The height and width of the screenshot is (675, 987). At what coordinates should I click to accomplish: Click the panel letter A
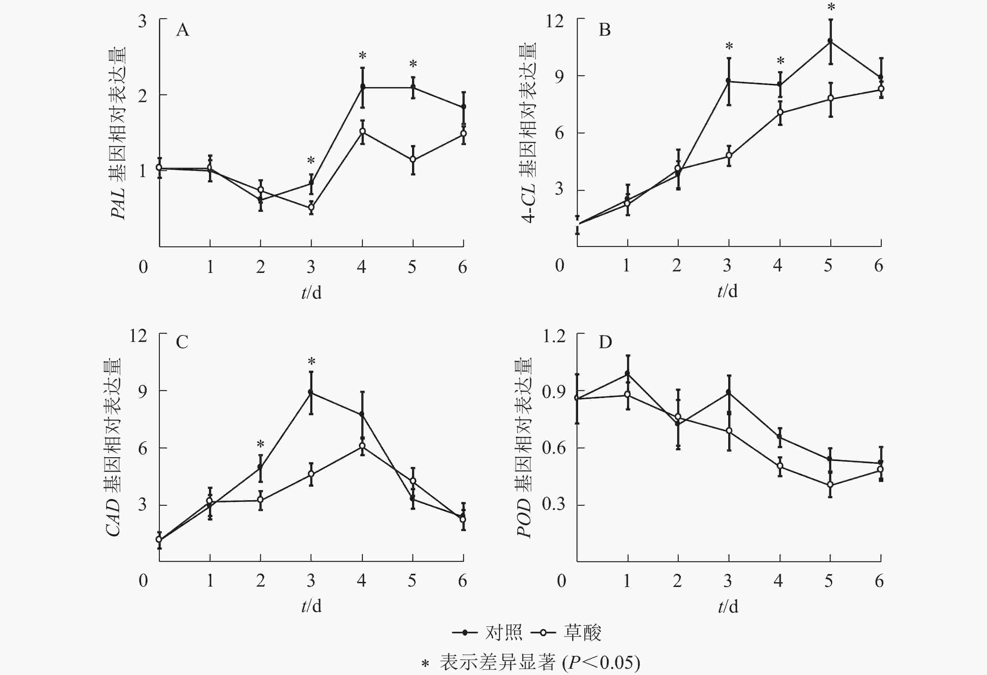pos(183,30)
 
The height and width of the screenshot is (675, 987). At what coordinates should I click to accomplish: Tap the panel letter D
pos(605,342)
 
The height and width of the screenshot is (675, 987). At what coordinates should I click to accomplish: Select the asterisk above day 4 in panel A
pos(362,56)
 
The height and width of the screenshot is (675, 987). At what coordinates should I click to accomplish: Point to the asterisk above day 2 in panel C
pos(260,444)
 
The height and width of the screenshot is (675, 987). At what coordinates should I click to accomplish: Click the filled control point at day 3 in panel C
pos(311,392)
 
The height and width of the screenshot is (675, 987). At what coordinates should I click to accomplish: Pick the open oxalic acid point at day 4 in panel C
pos(362,446)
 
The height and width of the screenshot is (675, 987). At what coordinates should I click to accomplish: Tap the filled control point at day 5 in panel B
pos(830,41)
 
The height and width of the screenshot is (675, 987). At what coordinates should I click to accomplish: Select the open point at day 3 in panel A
pos(311,207)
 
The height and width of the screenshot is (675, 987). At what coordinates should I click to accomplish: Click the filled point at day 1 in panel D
pos(628,374)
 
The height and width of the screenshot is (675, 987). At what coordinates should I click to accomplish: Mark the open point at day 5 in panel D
pos(830,485)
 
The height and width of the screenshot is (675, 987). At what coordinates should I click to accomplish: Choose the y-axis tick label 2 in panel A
pos(142,96)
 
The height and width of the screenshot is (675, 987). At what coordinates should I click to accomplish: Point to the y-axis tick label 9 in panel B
pos(559,76)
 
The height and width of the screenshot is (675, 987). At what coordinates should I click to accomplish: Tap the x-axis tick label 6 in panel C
pos(462,580)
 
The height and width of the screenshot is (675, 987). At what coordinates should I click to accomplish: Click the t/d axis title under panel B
pos(728,291)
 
